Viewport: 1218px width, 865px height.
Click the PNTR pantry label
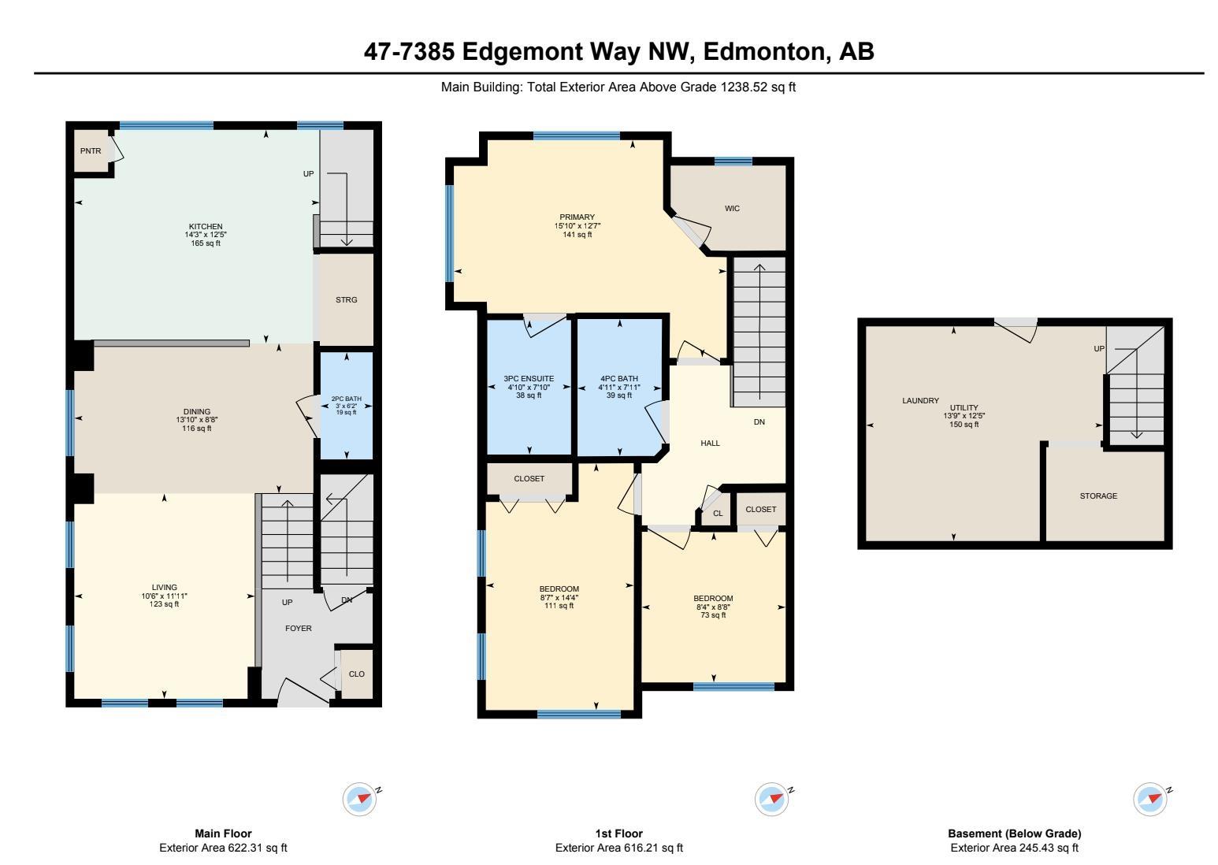[x=91, y=151]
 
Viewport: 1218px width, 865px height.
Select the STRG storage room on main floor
[x=346, y=300]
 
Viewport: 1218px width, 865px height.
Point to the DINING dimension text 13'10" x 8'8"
[x=196, y=420]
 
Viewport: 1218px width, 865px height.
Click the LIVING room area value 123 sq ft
[x=165, y=604]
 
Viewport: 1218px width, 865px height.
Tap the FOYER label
[x=298, y=629]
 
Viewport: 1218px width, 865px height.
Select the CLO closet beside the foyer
[x=356, y=674]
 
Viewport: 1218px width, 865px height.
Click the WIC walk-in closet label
[x=732, y=209]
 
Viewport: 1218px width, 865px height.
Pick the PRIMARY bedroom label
[x=577, y=217]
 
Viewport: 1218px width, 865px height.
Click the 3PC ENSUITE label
[x=529, y=379]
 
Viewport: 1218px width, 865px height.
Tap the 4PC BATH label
[x=619, y=379]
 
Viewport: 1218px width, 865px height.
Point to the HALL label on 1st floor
[x=710, y=444]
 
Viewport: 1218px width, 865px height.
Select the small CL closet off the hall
[x=717, y=514]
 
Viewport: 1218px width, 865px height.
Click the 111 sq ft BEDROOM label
[x=559, y=589]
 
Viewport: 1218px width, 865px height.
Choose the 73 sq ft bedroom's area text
[x=713, y=615]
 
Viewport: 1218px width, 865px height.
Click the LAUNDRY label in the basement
[x=920, y=401]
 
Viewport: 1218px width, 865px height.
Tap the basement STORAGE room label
[x=1098, y=496]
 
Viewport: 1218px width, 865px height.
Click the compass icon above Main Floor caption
[x=360, y=799]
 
